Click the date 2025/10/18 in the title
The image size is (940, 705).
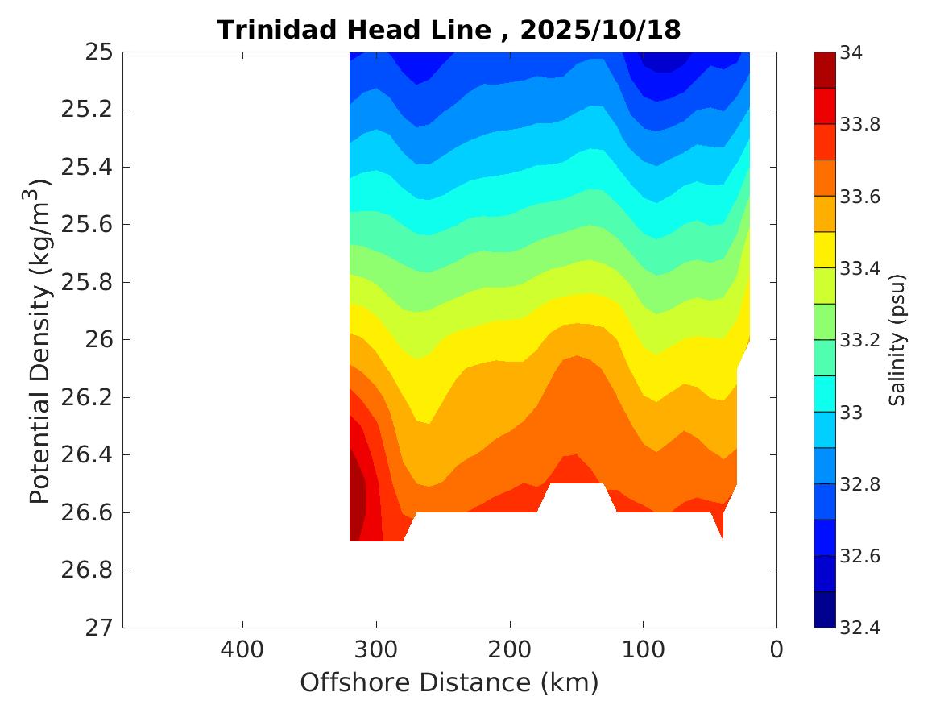coord(600,31)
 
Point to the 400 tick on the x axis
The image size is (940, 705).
coord(242,649)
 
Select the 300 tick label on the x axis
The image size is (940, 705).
coord(376,649)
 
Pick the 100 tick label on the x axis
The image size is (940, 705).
coord(643,649)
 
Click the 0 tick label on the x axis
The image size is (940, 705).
coord(776,649)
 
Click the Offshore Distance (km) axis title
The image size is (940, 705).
coord(449,683)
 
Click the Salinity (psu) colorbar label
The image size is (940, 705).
coord(898,339)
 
